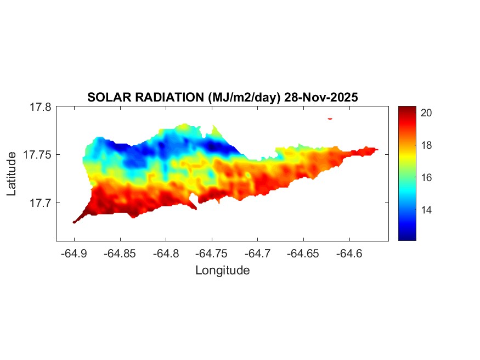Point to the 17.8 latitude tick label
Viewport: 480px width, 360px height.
pos(40,107)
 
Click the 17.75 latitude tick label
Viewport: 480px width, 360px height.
pos(37,155)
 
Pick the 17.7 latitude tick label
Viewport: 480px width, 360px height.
pos(40,203)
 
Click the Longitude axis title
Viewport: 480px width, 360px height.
pos(222,270)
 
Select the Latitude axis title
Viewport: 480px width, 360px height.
pos(12,174)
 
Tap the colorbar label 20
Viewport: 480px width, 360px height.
pos(427,113)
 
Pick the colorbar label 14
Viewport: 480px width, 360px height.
pos(427,210)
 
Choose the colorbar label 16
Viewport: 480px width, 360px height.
pos(427,177)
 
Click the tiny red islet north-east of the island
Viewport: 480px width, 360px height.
pos(330,118)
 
